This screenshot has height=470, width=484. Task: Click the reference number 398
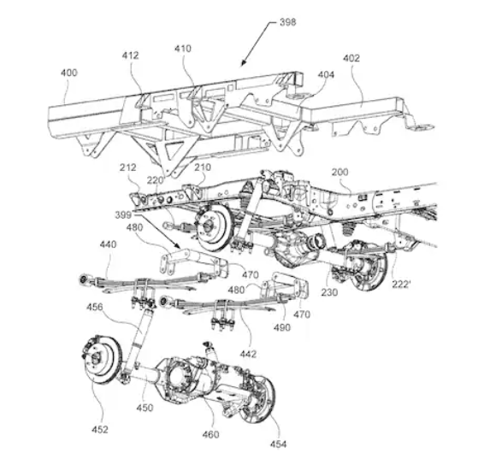[x=287, y=22]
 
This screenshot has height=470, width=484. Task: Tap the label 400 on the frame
[x=68, y=73]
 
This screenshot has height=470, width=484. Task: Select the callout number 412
[x=130, y=56]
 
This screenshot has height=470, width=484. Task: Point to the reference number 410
[x=183, y=49]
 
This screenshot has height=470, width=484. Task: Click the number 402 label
[x=351, y=58]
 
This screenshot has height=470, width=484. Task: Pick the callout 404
[x=326, y=74]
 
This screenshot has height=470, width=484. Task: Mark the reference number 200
[x=339, y=172]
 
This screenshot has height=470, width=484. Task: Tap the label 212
[x=127, y=167]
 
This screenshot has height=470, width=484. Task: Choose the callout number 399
[x=123, y=215]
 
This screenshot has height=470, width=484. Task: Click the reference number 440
[x=108, y=244]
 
